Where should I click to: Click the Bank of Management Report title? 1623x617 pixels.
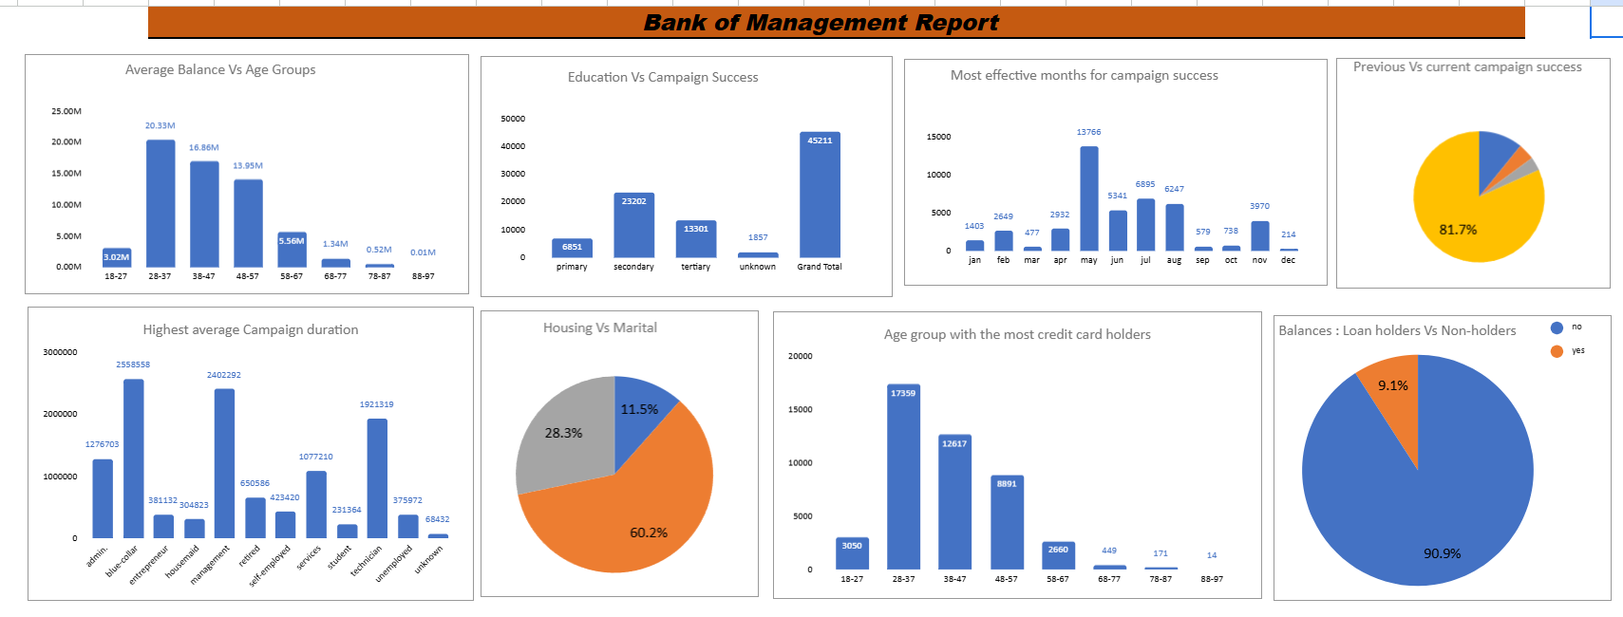[821, 23]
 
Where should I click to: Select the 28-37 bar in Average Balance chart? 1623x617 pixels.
[160, 203]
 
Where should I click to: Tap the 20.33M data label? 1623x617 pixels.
[160, 125]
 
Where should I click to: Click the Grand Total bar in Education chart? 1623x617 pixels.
[820, 195]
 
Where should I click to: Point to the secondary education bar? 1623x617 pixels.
[633, 226]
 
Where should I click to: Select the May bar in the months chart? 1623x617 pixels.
[1089, 198]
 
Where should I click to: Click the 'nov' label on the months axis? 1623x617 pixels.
[1259, 260]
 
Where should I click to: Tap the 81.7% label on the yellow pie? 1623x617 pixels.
[1458, 230]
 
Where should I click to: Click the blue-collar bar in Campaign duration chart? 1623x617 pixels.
[133, 458]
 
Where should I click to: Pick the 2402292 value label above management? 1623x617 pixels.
[224, 375]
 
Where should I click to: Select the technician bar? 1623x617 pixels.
[377, 478]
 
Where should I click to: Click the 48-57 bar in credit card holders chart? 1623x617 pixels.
[1007, 522]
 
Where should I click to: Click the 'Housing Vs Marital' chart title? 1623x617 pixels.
[600, 327]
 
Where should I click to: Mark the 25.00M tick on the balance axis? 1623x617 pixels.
[66, 111]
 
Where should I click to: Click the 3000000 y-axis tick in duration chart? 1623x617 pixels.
[60, 352]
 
